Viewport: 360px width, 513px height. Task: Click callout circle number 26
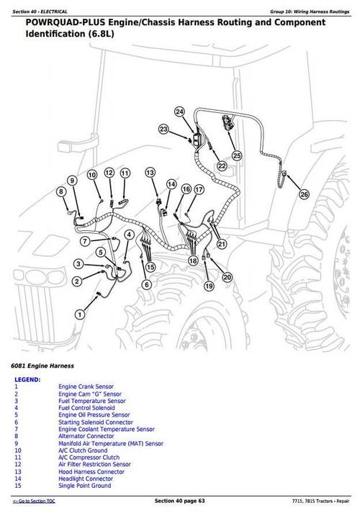click(x=304, y=195)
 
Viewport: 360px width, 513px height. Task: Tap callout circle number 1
click(x=80, y=314)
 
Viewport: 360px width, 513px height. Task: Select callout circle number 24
click(x=179, y=112)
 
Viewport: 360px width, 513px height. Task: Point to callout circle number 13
click(x=150, y=173)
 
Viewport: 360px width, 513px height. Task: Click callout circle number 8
click(x=61, y=191)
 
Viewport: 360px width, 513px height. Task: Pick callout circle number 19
click(x=209, y=286)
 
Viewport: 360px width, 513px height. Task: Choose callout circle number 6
click(x=147, y=285)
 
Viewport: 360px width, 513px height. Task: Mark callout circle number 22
click(x=222, y=166)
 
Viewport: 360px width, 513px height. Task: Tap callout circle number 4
click(x=130, y=235)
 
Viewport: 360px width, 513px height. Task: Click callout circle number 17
click(x=199, y=189)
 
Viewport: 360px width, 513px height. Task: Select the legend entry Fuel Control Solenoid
click(x=86, y=408)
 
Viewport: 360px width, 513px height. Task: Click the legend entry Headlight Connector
click(x=86, y=478)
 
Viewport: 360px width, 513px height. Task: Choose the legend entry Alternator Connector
click(x=86, y=436)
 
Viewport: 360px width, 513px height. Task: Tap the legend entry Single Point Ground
click(x=84, y=486)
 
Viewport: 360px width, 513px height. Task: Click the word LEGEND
click(x=27, y=380)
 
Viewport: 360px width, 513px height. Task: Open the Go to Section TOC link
click(x=34, y=501)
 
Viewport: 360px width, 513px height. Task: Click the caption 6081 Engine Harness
click(x=42, y=366)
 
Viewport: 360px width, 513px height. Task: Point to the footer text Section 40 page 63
click(x=180, y=501)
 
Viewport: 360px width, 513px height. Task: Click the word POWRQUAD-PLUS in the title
click(x=66, y=22)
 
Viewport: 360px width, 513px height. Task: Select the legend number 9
click(x=17, y=444)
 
